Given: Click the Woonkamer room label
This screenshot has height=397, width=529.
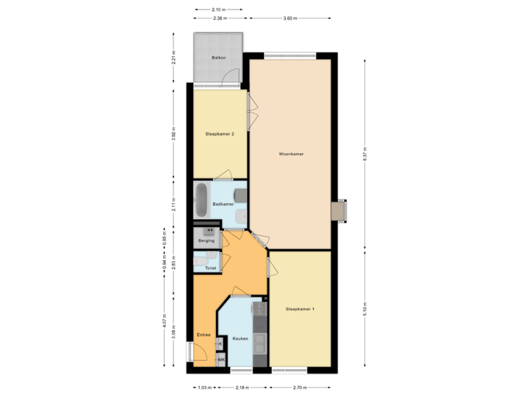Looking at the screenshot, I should point(292,154).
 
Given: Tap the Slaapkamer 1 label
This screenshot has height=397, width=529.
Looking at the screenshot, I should point(300,309).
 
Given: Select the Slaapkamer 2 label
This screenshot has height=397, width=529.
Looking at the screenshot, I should point(219,134).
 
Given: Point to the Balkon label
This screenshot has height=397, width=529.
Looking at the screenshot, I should point(217,57).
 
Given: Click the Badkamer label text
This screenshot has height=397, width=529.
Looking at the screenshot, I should point(223,204).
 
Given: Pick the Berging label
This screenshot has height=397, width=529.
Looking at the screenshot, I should point(206,240).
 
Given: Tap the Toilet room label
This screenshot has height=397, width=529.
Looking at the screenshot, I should point(211,268).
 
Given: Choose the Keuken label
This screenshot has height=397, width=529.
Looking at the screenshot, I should point(240,338).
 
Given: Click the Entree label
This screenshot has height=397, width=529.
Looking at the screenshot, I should point(204,335).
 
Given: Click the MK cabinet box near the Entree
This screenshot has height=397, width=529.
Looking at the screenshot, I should point(220,360).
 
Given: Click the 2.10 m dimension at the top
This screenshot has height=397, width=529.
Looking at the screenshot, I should point(218,10).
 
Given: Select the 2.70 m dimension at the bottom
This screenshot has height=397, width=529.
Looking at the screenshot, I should point(301,387).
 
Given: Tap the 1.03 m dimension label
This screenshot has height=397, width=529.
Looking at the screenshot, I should point(205,387).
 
